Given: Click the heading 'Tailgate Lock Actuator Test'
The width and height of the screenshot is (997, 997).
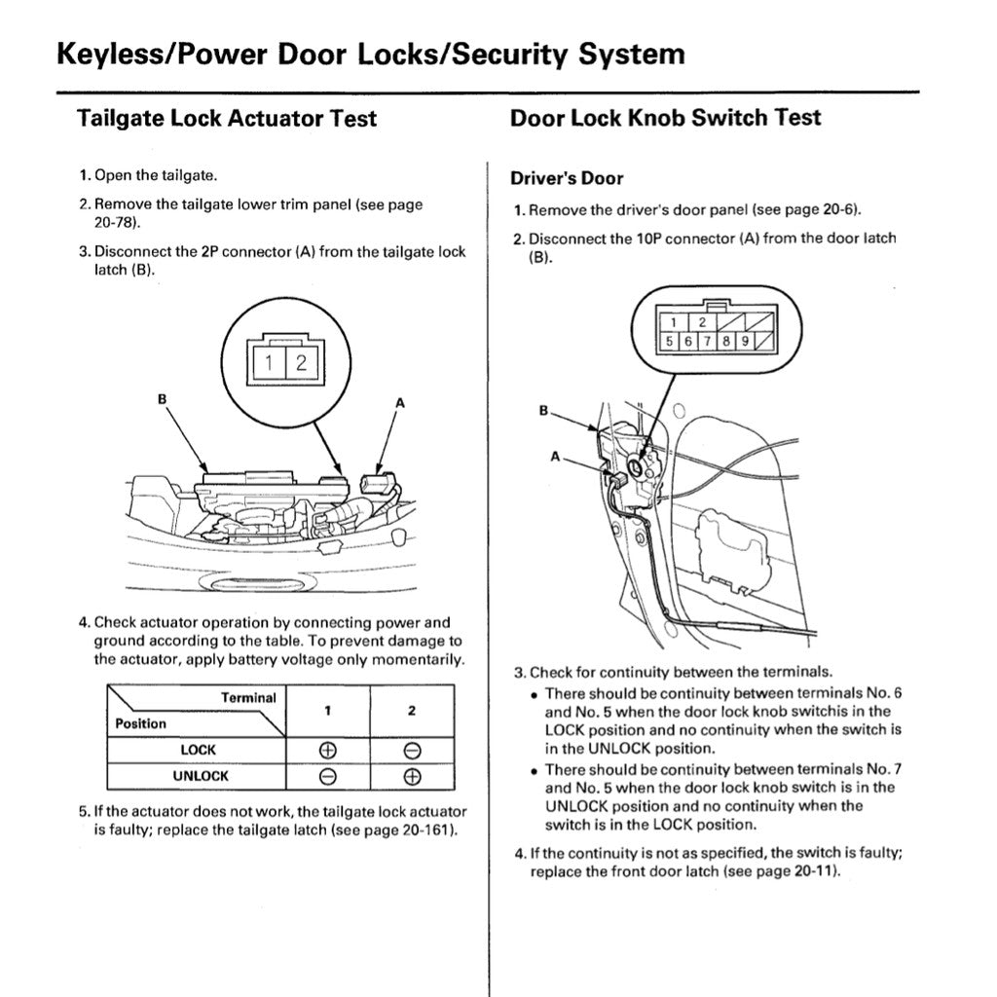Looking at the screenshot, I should tap(226, 119).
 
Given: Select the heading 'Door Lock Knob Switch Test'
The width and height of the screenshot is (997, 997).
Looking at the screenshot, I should tap(665, 118).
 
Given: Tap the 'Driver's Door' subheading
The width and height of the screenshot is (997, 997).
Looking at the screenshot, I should tap(567, 178).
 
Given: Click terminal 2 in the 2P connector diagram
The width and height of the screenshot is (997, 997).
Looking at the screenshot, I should tap(301, 363).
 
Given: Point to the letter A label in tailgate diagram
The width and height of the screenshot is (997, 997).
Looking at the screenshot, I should tap(399, 401).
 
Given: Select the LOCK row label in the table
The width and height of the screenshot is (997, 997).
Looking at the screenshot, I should tap(198, 751).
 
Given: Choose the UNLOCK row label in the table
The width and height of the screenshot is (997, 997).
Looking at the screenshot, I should tap(201, 776).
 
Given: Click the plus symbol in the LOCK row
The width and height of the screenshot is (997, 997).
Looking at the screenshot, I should tap(328, 751).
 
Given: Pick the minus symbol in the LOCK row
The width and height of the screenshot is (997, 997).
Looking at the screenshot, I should tap(412, 751).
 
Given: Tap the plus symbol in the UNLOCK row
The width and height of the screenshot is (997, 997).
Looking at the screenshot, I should tap(412, 776).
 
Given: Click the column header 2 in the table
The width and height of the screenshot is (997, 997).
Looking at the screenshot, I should tap(412, 711).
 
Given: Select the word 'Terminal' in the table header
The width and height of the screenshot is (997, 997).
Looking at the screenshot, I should tap(248, 698).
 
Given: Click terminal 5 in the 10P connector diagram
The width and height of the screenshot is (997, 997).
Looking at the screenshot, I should tap(671, 342).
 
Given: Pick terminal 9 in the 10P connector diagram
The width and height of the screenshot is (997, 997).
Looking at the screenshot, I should tap(744, 342).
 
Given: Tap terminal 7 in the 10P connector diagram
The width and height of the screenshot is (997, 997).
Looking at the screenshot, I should tap(708, 342).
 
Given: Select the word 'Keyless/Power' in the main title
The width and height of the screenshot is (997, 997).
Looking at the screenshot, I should tap(161, 54).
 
